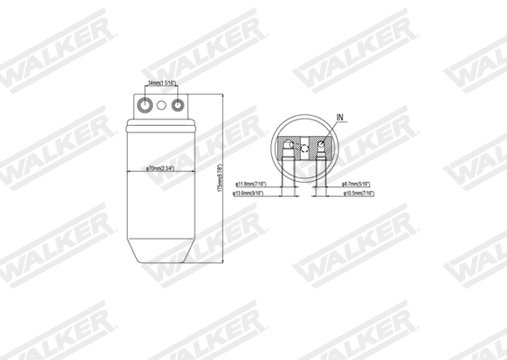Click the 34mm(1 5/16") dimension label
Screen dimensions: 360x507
(x=162, y=84)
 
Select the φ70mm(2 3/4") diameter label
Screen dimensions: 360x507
(x=162, y=168)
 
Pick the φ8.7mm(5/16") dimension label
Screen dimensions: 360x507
(x=360, y=184)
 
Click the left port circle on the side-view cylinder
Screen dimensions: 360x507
(x=143, y=105)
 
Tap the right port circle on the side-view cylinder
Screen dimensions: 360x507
(x=180, y=105)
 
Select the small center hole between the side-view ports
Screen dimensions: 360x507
(x=162, y=105)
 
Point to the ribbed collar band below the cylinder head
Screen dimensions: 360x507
(x=162, y=126)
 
